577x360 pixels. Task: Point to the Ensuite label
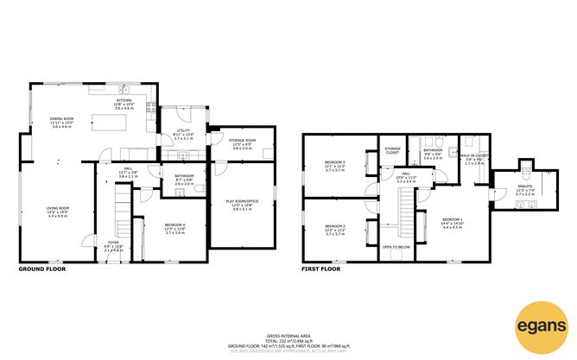click(526, 190)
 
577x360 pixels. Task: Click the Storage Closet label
click(392, 151)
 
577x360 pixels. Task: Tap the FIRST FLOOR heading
click(321, 269)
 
